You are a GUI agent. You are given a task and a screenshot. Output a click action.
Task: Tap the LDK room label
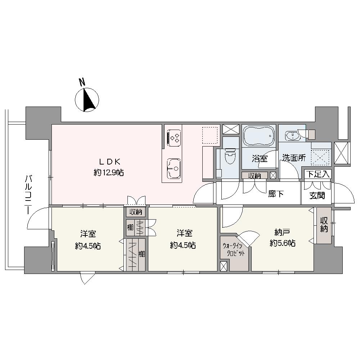click(109, 162)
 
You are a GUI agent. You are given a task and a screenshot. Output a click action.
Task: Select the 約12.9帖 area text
click(109, 172)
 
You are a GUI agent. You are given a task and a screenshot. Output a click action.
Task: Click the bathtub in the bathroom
click(259, 135)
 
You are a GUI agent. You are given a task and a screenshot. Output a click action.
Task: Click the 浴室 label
click(260, 159)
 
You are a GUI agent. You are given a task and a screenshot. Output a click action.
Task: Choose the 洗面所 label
click(294, 158)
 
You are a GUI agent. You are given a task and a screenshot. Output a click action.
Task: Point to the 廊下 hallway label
click(276, 194)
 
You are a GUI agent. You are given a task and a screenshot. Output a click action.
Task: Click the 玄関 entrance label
click(317, 195)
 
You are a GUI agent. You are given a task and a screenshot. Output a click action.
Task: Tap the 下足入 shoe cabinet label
click(318, 174)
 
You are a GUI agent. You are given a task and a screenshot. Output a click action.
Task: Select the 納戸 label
click(282, 233)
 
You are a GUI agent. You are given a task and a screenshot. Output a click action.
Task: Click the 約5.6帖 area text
click(282, 243)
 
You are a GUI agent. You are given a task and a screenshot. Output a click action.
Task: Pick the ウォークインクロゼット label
click(233, 250)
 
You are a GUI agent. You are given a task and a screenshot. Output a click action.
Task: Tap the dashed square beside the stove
click(210, 135)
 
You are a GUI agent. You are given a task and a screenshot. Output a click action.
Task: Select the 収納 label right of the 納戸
click(324, 225)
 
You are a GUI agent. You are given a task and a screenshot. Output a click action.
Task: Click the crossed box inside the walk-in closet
click(224, 266)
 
